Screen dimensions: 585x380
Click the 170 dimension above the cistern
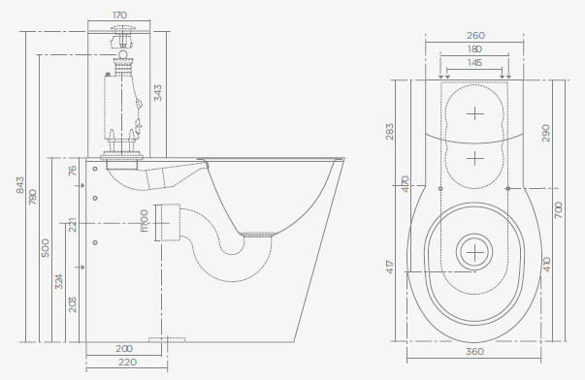pos(119,16)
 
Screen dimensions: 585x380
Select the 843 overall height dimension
pos(20,185)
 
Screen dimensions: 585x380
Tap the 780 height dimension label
pos(33,197)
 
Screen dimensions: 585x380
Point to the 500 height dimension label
pos(46,248)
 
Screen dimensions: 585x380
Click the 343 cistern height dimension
pos(158,93)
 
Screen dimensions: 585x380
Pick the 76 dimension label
pos(73,171)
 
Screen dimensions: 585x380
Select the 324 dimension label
pos(59,281)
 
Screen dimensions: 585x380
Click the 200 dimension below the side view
pos(124,349)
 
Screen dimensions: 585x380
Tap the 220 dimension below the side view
pos(127,363)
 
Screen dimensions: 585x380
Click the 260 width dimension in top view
pos(475,36)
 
